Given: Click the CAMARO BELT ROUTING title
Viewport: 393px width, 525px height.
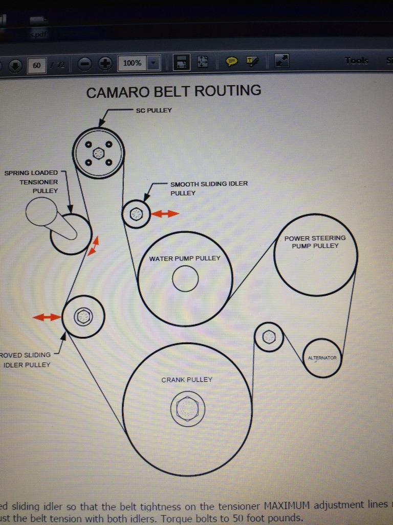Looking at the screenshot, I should [x=173, y=92].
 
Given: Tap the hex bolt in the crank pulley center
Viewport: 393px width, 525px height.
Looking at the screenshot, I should [x=187, y=409].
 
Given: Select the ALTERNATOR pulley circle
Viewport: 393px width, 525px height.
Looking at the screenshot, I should [x=322, y=358].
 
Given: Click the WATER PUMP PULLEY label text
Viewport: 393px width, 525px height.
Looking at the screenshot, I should [x=185, y=258].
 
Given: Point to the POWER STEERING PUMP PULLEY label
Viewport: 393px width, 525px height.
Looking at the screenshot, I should [x=315, y=242].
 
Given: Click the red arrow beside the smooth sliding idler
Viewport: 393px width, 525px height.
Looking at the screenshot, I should [x=165, y=214].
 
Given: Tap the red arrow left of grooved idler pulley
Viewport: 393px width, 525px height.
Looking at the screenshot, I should [x=47, y=317].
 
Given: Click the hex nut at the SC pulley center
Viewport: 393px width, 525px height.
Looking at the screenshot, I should [x=98, y=153].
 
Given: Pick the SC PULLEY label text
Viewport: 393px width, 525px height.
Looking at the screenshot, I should [x=154, y=110].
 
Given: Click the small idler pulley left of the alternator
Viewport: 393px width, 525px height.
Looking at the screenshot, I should [x=269, y=337].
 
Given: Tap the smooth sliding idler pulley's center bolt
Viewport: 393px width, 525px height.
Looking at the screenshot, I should [x=136, y=214].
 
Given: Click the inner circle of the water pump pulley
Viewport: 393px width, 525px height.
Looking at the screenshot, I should [x=185, y=279].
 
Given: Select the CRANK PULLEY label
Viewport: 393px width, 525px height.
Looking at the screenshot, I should [x=187, y=380].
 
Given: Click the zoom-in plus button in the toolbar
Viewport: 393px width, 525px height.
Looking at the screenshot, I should [x=105, y=64].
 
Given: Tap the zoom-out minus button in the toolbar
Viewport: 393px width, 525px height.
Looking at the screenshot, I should [x=85, y=64].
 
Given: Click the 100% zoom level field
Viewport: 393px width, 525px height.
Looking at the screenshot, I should [x=132, y=63].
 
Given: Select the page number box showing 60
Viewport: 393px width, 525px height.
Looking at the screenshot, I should [x=37, y=65].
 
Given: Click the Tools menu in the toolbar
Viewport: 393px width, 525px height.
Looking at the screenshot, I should [x=356, y=60].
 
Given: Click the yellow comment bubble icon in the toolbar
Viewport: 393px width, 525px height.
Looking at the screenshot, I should [x=232, y=62].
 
